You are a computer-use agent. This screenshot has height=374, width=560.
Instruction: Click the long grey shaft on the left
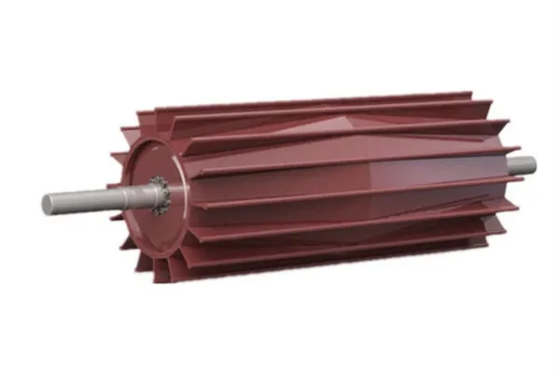coord(84,199)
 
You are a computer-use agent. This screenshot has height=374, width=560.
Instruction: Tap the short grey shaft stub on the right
coord(522,165)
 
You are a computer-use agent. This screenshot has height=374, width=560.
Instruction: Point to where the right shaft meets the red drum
coord(508,166)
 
